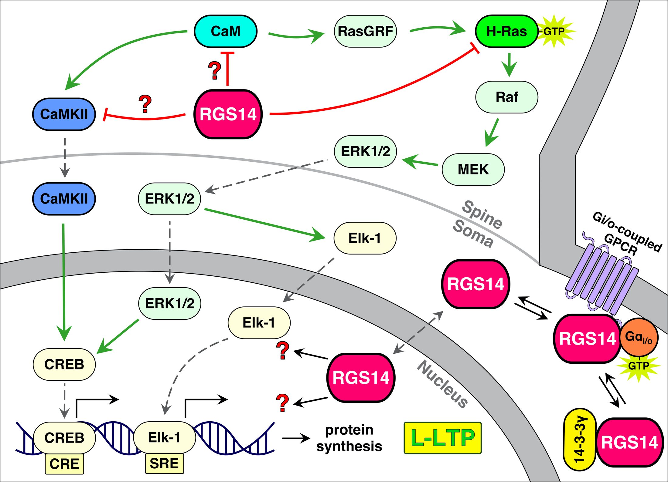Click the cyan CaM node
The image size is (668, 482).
(x=226, y=31)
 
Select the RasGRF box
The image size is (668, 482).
(x=365, y=31)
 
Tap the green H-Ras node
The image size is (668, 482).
(x=506, y=31)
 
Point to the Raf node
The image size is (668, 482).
(x=506, y=97)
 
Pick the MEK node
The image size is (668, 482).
(x=473, y=169)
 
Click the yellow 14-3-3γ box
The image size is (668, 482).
(x=580, y=439)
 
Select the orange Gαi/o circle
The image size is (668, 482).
(x=639, y=337)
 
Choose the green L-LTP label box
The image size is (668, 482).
(x=442, y=438)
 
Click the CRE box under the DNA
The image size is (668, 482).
(x=64, y=464)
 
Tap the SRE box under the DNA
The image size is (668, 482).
(x=164, y=463)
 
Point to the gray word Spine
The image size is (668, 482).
(x=482, y=214)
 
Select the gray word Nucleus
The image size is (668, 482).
(x=442, y=384)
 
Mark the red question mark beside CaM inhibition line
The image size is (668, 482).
(x=215, y=70)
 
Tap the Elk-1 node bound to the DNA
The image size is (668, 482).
(x=164, y=437)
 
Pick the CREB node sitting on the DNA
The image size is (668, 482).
(x=64, y=437)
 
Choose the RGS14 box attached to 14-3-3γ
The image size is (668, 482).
(x=629, y=442)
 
